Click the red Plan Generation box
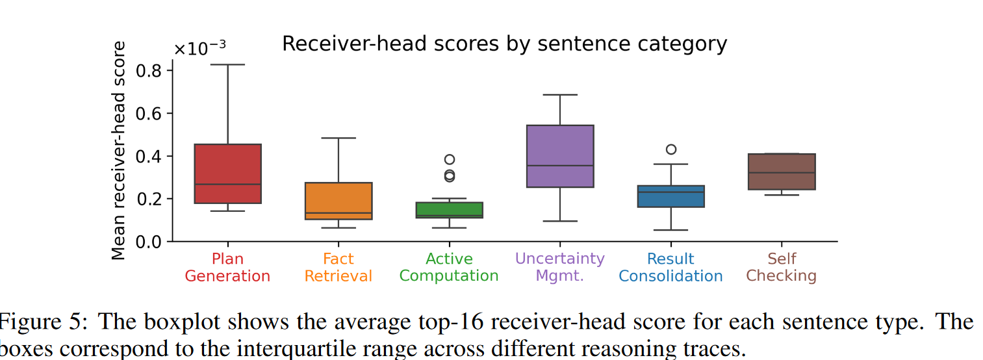click(227, 174)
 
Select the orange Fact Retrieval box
click(338, 201)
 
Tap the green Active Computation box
click(449, 210)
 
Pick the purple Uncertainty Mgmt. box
click(560, 156)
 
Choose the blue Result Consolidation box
click(671, 196)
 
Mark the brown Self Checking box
click(782, 172)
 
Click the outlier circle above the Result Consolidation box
click(671, 149)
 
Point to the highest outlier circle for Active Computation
click(449, 159)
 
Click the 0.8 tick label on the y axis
click(149, 70)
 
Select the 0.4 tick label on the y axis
click(149, 156)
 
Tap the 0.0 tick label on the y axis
click(149, 242)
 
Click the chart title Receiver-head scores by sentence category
click(504, 44)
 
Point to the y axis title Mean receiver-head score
click(119, 150)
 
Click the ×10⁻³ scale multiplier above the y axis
click(199, 49)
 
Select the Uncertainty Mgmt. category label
click(560, 267)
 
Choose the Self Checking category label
click(782, 267)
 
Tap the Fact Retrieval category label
click(338, 267)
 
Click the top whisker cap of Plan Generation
click(227, 64)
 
